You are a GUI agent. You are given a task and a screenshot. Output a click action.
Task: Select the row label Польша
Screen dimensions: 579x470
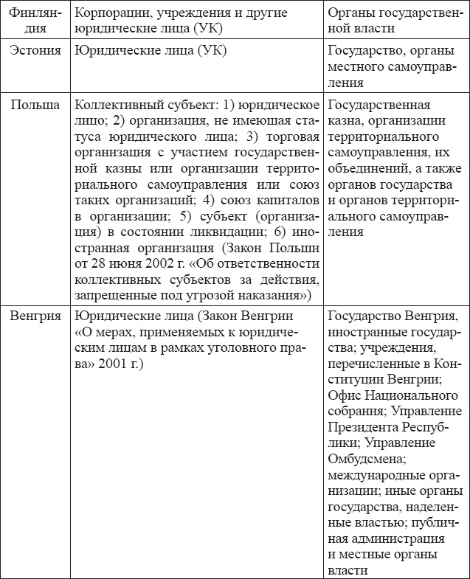point(35,104)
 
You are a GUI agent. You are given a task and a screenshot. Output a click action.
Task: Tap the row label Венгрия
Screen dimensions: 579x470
point(35,316)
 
